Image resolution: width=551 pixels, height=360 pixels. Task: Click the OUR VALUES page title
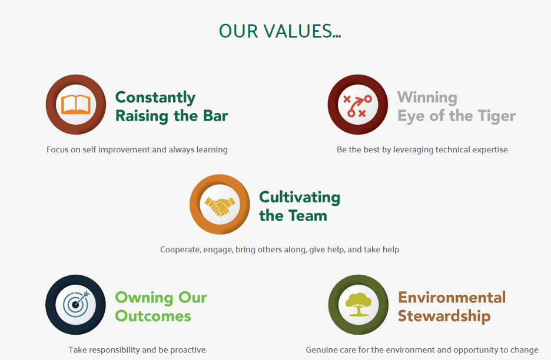280,31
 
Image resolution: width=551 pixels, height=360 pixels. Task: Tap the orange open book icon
76,104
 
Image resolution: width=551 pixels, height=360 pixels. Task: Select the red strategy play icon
357,106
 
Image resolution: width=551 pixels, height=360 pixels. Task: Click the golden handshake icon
220,206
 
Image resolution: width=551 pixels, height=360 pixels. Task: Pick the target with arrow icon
77,304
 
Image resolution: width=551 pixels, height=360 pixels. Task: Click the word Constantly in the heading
155,98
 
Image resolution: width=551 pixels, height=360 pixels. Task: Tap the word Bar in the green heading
215,115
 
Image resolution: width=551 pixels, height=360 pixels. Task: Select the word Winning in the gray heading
427,98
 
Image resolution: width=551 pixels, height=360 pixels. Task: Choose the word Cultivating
300,198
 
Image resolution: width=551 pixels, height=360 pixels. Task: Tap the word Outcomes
153,316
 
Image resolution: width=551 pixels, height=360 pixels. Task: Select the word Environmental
452,298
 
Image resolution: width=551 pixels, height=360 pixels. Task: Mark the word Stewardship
444,316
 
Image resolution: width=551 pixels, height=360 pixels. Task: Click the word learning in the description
212,150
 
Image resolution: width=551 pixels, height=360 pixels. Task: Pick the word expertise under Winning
490,150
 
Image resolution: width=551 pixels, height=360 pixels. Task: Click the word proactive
188,350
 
